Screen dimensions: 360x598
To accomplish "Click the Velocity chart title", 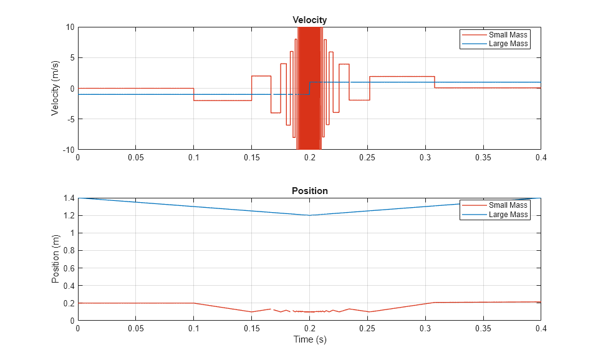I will (x=309, y=20).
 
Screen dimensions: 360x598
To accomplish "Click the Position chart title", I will (x=309, y=191).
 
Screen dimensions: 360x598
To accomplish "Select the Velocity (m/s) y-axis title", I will (x=55, y=88).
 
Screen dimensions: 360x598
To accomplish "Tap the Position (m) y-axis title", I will (x=55, y=259).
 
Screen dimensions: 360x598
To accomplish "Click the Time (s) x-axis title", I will (x=309, y=340).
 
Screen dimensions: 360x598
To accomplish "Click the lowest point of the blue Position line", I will (x=309, y=215).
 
